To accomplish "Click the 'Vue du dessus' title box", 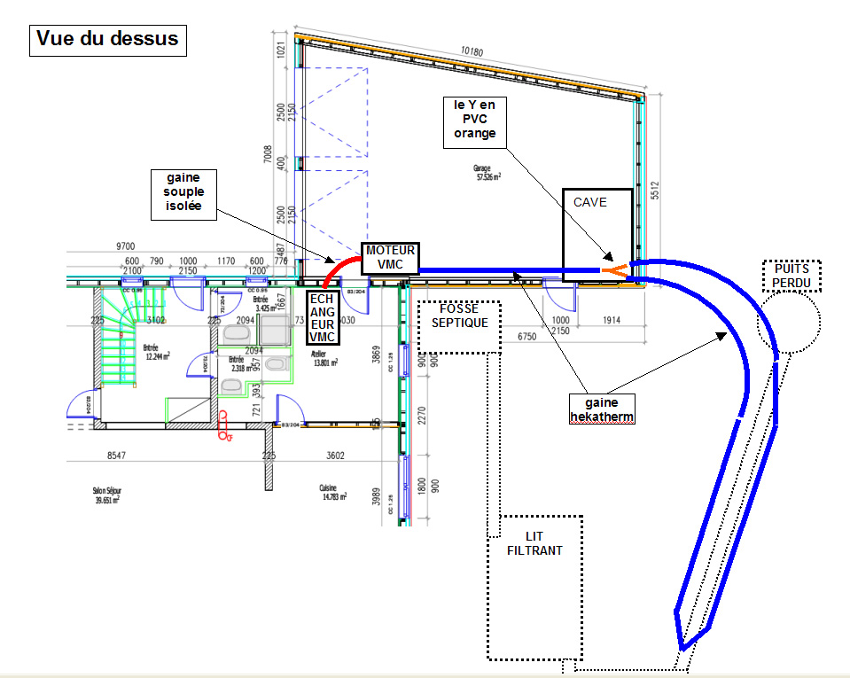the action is tap(108, 39).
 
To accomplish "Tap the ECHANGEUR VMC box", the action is tap(322, 317).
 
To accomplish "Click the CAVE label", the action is tap(590, 203).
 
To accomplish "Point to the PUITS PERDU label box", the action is tap(792, 276).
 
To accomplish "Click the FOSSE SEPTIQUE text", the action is tap(459, 316).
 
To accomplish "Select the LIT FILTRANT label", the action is tap(534, 543).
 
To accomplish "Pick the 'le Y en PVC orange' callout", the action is tap(475, 119).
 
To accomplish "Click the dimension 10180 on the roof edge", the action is tap(472, 51).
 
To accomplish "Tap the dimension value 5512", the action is tap(656, 194).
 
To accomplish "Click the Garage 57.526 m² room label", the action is tap(485, 172).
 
